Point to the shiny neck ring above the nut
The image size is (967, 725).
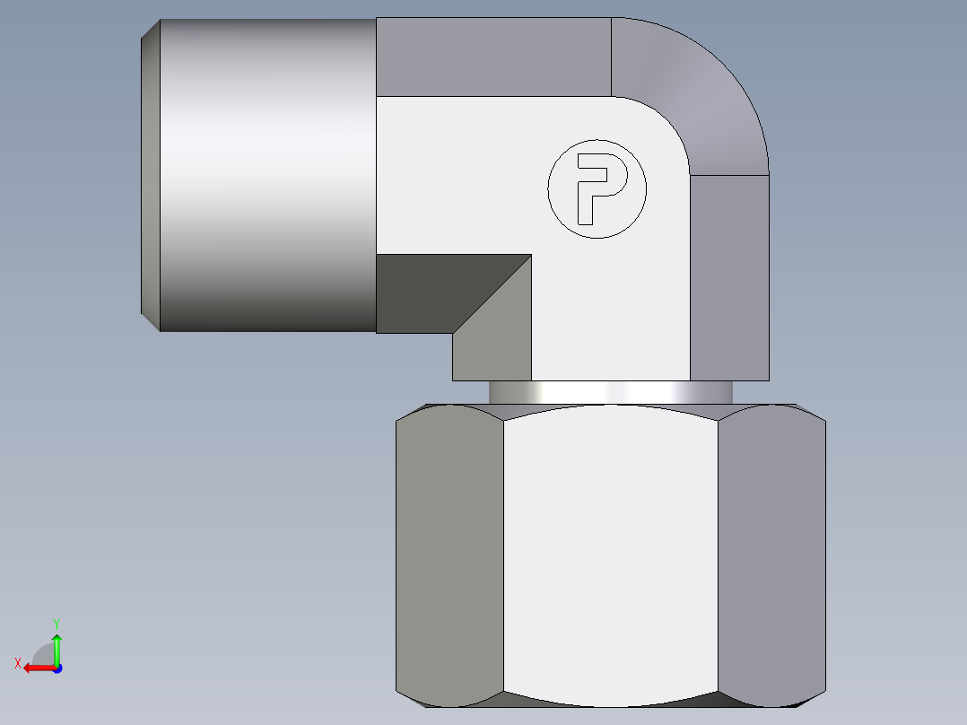tap(610, 392)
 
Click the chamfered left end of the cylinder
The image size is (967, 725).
tap(151, 175)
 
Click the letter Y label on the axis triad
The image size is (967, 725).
tap(57, 623)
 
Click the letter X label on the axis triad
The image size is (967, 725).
tap(17, 663)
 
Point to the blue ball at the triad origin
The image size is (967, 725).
tap(57, 668)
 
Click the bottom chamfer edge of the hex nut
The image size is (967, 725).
tap(610, 699)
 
